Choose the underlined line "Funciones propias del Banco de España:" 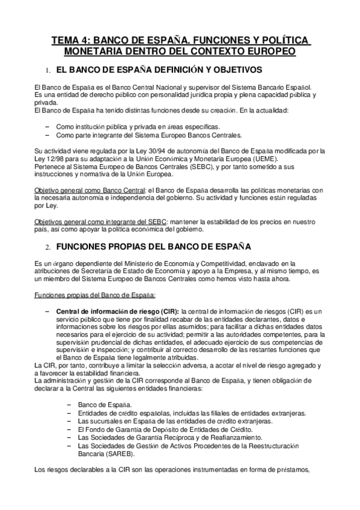pos(95,295)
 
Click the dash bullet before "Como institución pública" pos(47,127)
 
